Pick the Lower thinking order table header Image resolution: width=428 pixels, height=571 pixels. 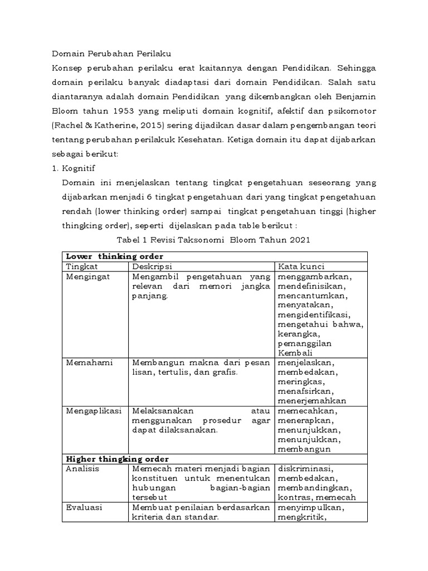(114, 256)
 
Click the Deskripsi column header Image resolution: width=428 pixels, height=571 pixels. (152, 266)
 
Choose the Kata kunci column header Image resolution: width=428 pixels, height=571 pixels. (301, 266)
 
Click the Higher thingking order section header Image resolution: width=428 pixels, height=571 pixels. (118, 458)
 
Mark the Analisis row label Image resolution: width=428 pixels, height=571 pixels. (82, 468)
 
